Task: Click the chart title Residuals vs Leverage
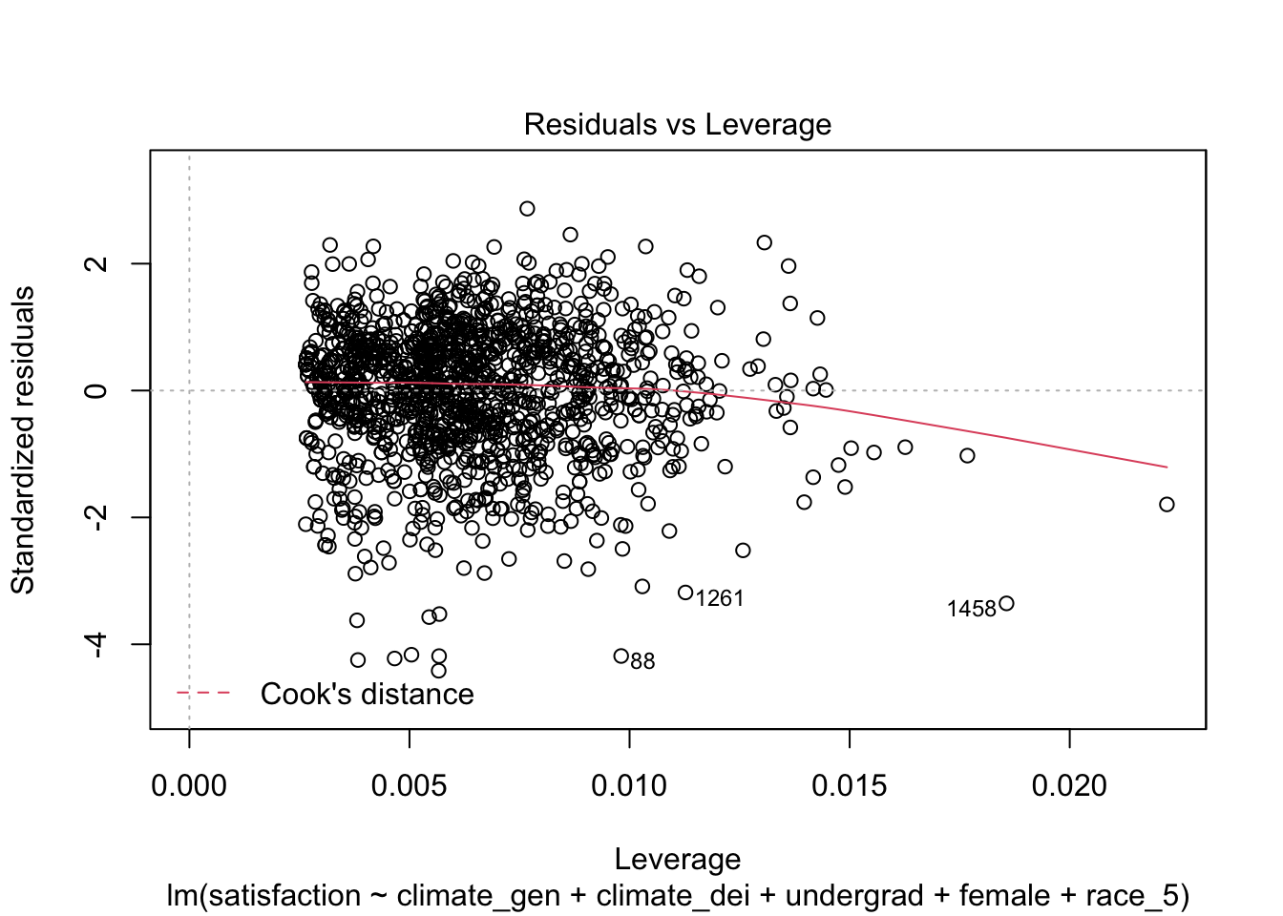(x=677, y=125)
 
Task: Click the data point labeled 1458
(x=1006, y=603)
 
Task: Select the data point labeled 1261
(x=685, y=593)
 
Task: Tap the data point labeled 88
(x=621, y=656)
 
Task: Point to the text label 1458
(x=971, y=609)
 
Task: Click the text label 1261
(x=720, y=598)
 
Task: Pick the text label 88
(x=643, y=661)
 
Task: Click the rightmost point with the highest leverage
(x=1167, y=504)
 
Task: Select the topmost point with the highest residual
(x=527, y=208)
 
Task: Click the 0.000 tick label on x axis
(x=189, y=786)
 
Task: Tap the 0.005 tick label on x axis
(x=410, y=786)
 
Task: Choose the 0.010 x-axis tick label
(x=629, y=786)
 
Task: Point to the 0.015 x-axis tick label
(x=850, y=786)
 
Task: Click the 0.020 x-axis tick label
(x=1069, y=786)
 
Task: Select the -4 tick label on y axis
(x=95, y=644)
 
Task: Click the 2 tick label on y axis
(x=95, y=263)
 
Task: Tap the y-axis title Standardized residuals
(x=23, y=440)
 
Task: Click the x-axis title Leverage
(x=677, y=860)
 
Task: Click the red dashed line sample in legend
(x=203, y=693)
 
